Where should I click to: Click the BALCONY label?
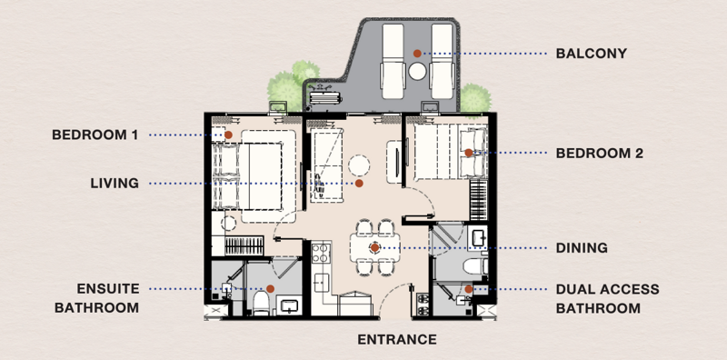pos(592,54)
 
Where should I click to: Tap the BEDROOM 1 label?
pos(95,135)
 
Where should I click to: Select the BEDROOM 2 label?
pos(600,153)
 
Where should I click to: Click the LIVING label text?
pos(115,184)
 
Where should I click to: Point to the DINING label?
pos(582,248)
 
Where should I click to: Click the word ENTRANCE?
pos(397,340)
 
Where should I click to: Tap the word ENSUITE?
pos(108,288)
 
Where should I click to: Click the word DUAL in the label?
pos(573,289)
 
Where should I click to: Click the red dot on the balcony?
pos(417,54)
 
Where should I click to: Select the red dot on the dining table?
pos(374,248)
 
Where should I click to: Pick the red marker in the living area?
pos(359,184)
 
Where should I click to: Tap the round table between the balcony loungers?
pos(417,72)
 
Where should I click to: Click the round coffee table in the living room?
pos(359,165)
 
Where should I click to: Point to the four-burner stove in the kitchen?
pos(321,254)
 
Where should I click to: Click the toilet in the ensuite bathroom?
pos(261,304)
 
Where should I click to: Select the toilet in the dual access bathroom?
pos(475,266)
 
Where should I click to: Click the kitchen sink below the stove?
pos(322,283)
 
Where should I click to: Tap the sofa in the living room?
pos(326,165)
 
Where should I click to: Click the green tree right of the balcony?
pos(475,98)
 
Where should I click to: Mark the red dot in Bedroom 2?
pos(469,153)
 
